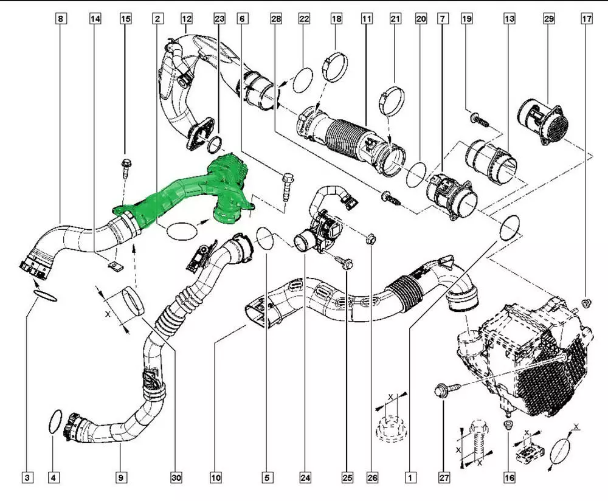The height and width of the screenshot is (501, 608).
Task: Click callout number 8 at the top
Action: click(x=61, y=19)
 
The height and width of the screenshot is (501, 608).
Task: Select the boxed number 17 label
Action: click(x=587, y=19)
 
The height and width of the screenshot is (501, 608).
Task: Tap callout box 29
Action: click(x=549, y=19)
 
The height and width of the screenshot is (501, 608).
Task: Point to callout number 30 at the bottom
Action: click(x=176, y=478)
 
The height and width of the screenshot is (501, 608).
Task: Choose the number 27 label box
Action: click(x=444, y=478)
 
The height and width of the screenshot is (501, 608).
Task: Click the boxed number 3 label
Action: click(x=27, y=478)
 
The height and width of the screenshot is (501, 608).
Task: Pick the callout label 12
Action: click(x=187, y=19)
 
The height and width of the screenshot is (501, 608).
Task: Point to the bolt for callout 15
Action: click(x=126, y=168)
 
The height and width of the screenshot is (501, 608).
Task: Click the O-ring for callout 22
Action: click(x=303, y=80)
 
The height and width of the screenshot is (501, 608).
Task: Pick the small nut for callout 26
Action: click(x=370, y=240)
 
